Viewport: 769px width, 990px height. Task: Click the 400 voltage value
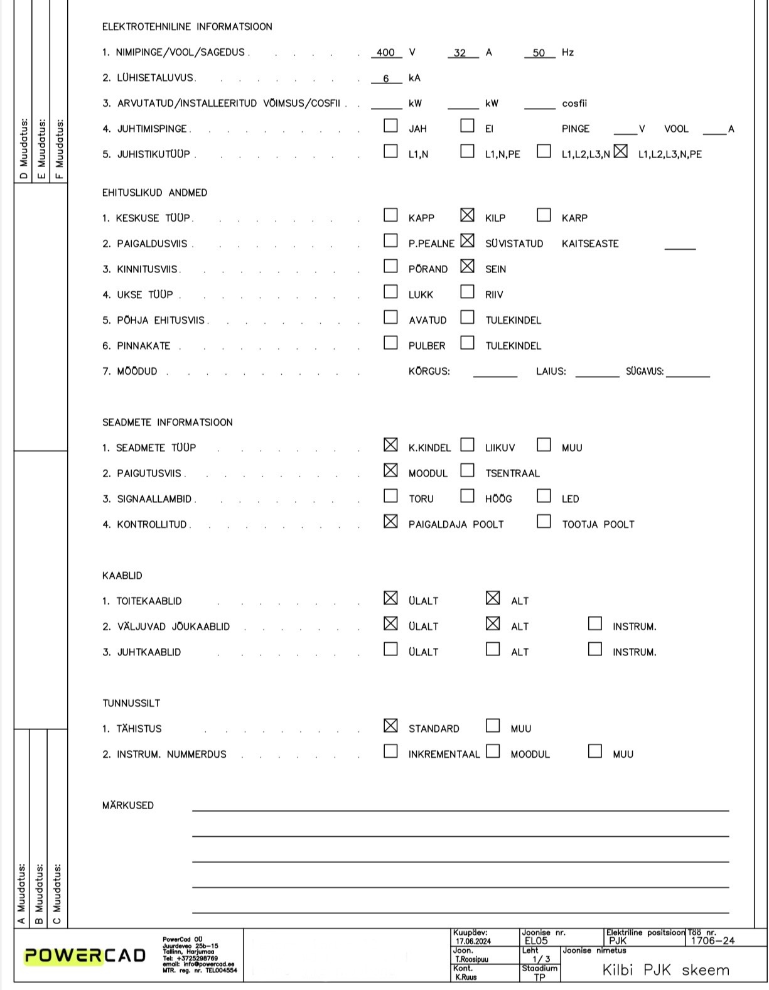[x=385, y=53]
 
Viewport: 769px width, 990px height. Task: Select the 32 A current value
[x=460, y=53]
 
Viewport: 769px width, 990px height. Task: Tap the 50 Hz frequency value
[x=539, y=53]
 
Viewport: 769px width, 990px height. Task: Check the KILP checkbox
[x=467, y=215]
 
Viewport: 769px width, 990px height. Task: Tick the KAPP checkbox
[x=390, y=215]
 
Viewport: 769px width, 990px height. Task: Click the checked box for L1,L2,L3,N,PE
[x=620, y=151]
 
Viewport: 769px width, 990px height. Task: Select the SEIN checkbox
[x=467, y=266]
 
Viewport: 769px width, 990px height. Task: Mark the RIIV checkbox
[x=467, y=291]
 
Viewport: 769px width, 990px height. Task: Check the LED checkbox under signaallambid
[x=544, y=496]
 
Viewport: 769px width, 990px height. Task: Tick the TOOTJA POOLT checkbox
[x=544, y=521]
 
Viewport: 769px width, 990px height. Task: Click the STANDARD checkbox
[x=390, y=726]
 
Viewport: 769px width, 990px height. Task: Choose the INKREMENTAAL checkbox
[x=390, y=751]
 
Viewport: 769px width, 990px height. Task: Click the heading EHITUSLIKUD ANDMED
[x=154, y=193]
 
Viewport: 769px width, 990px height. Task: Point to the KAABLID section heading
[x=122, y=576]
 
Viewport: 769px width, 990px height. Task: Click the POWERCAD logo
[x=85, y=955]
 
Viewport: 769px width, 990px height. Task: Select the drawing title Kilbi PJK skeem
[x=665, y=971]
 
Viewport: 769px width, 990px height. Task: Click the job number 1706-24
[x=713, y=940]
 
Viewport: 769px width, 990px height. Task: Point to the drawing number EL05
[x=536, y=940]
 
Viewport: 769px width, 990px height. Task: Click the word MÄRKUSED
[x=128, y=805]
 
